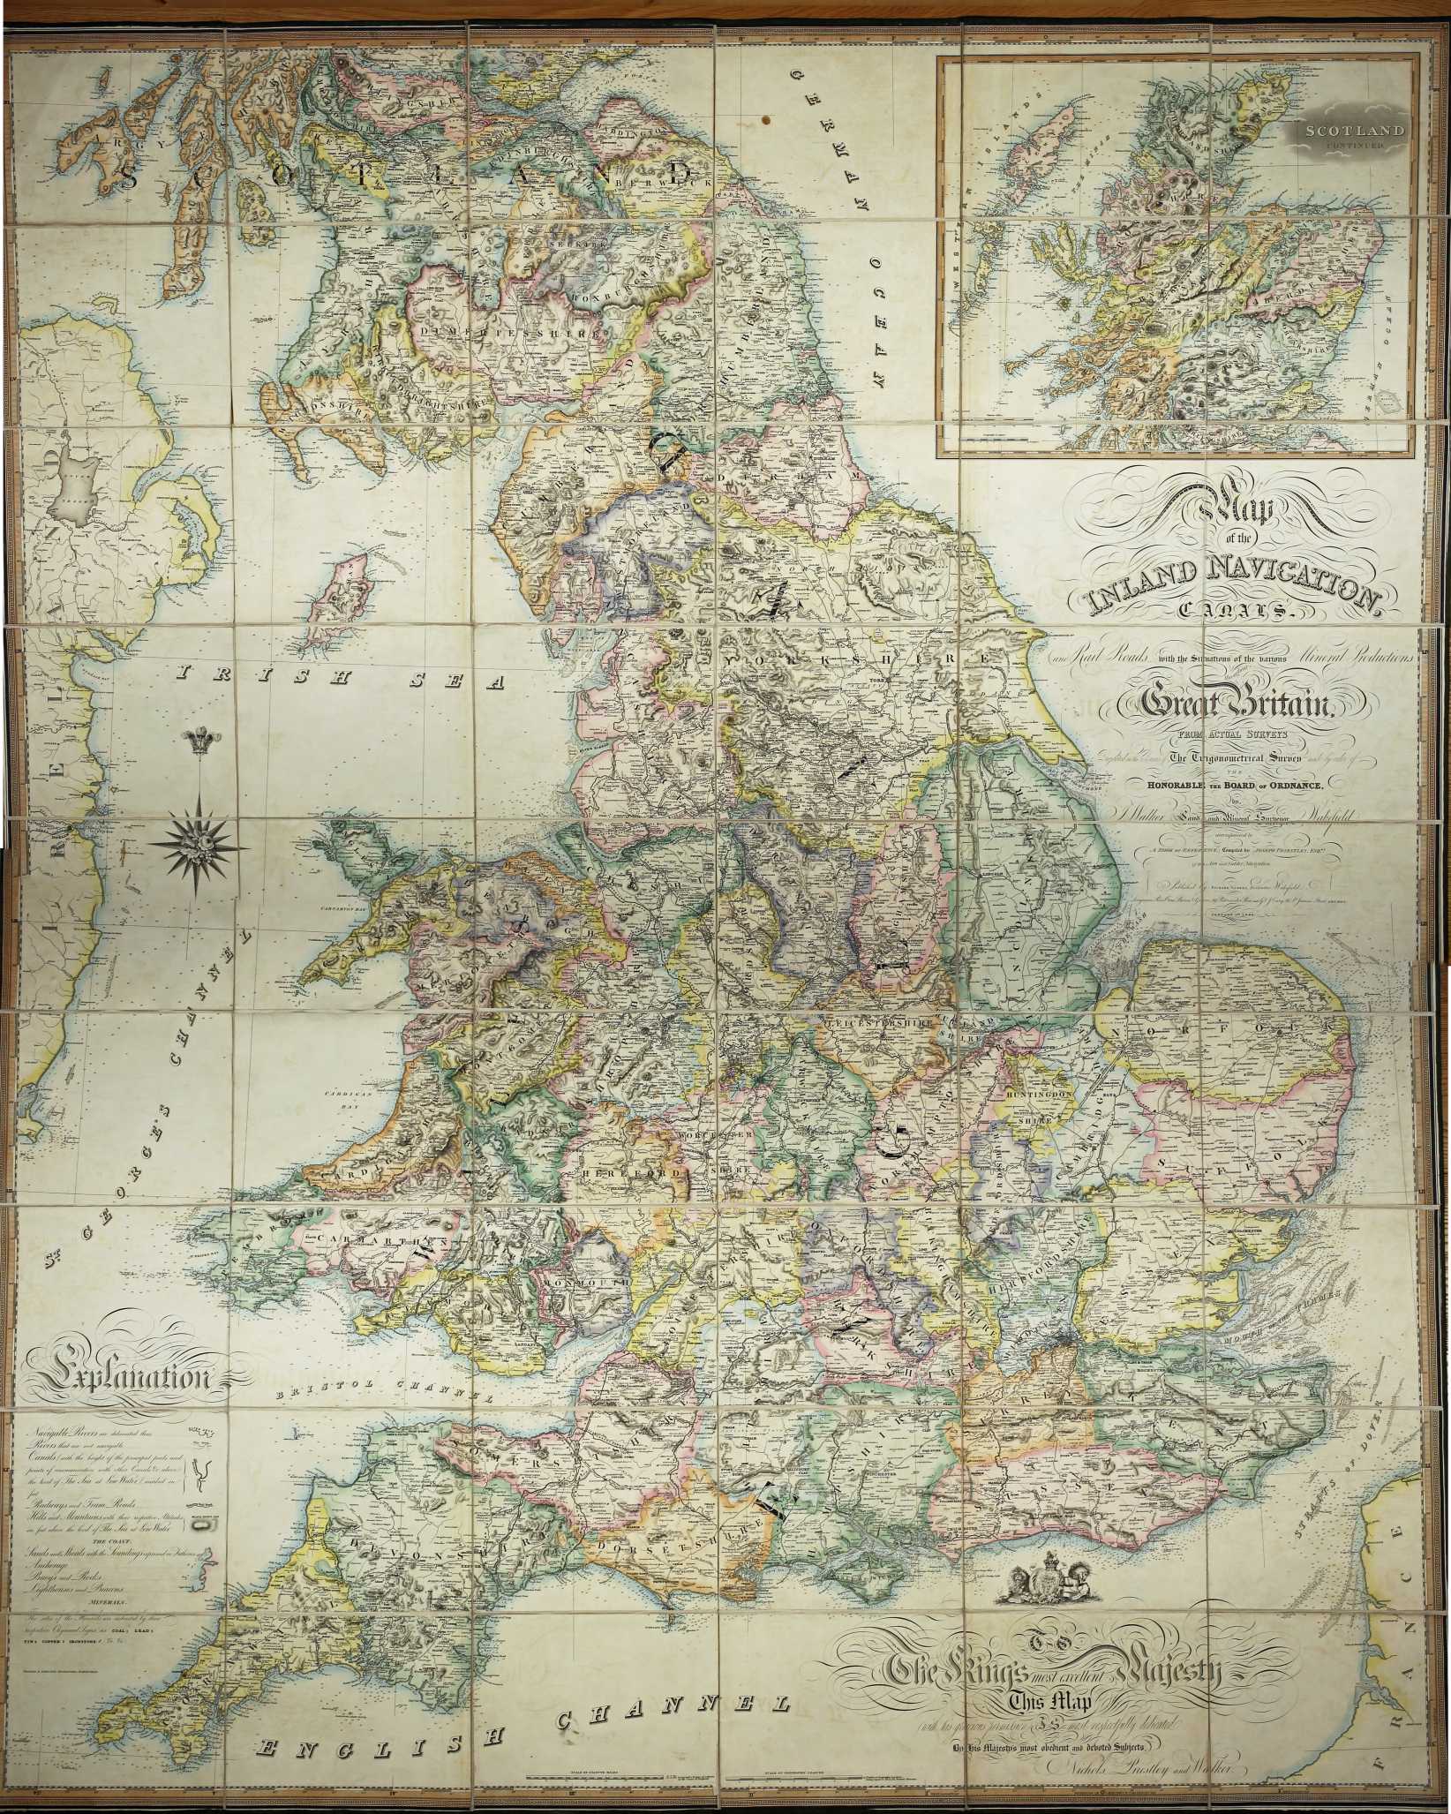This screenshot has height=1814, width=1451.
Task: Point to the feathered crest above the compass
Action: coord(197,742)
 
